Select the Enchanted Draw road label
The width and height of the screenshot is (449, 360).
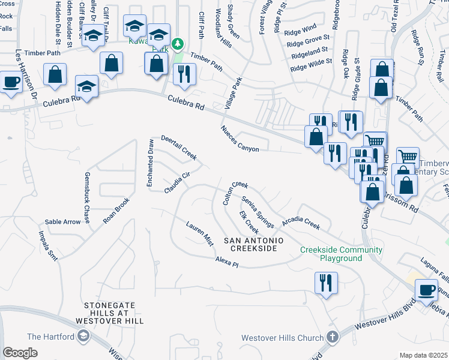tap(151, 164)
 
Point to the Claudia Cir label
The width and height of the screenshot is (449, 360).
tap(177, 182)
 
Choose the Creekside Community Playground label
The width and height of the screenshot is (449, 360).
tap(341, 254)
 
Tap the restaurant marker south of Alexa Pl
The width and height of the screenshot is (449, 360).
tap(326, 284)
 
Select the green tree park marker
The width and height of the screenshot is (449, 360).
tap(177, 44)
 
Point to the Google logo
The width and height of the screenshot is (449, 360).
tap(20, 353)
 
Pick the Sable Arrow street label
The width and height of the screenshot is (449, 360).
tap(62, 222)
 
